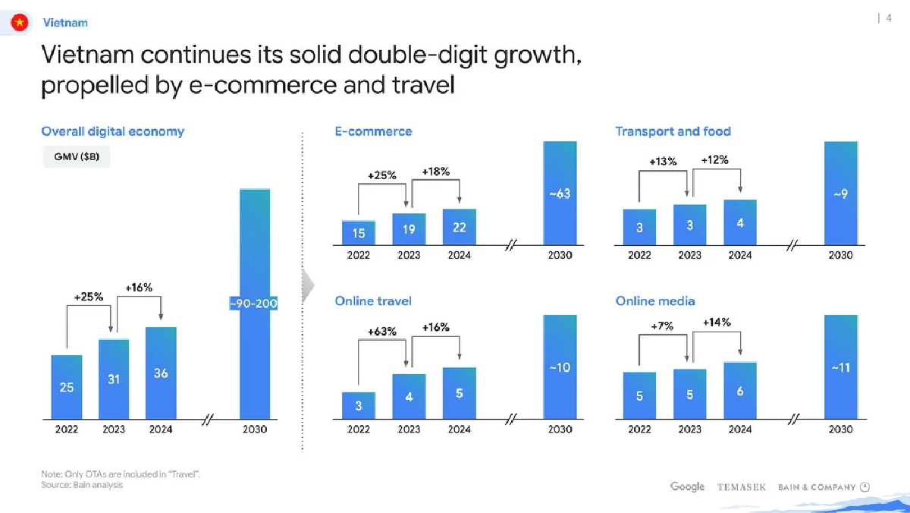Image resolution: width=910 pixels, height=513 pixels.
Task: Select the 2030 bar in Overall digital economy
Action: click(x=254, y=304)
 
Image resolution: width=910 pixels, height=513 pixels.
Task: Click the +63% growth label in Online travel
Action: click(x=382, y=332)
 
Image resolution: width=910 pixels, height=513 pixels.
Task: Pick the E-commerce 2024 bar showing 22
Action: click(x=459, y=227)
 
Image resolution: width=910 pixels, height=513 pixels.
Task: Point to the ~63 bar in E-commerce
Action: click(x=560, y=194)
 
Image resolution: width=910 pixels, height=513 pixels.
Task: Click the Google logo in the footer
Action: click(x=687, y=486)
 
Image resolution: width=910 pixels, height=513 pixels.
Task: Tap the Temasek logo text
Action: click(x=741, y=487)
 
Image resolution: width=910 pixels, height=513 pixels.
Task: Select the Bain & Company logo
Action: click(x=824, y=487)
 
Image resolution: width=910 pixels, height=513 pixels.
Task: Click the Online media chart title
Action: click(x=655, y=301)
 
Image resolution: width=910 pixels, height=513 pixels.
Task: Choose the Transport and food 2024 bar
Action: click(x=740, y=222)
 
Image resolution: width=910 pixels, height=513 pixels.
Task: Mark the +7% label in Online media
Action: click(x=662, y=326)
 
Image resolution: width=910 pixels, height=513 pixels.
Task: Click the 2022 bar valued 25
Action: click(x=67, y=387)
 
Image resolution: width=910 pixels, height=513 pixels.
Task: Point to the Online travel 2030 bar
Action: click(x=560, y=367)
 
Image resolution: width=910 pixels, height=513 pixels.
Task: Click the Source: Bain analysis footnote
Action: click(x=82, y=485)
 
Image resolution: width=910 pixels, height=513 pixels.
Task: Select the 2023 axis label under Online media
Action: click(x=689, y=430)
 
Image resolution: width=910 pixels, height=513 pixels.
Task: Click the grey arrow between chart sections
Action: click(x=307, y=285)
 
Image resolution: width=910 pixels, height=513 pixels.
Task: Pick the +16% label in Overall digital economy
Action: click(x=139, y=288)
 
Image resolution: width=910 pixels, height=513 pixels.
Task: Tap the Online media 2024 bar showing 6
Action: click(x=740, y=391)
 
